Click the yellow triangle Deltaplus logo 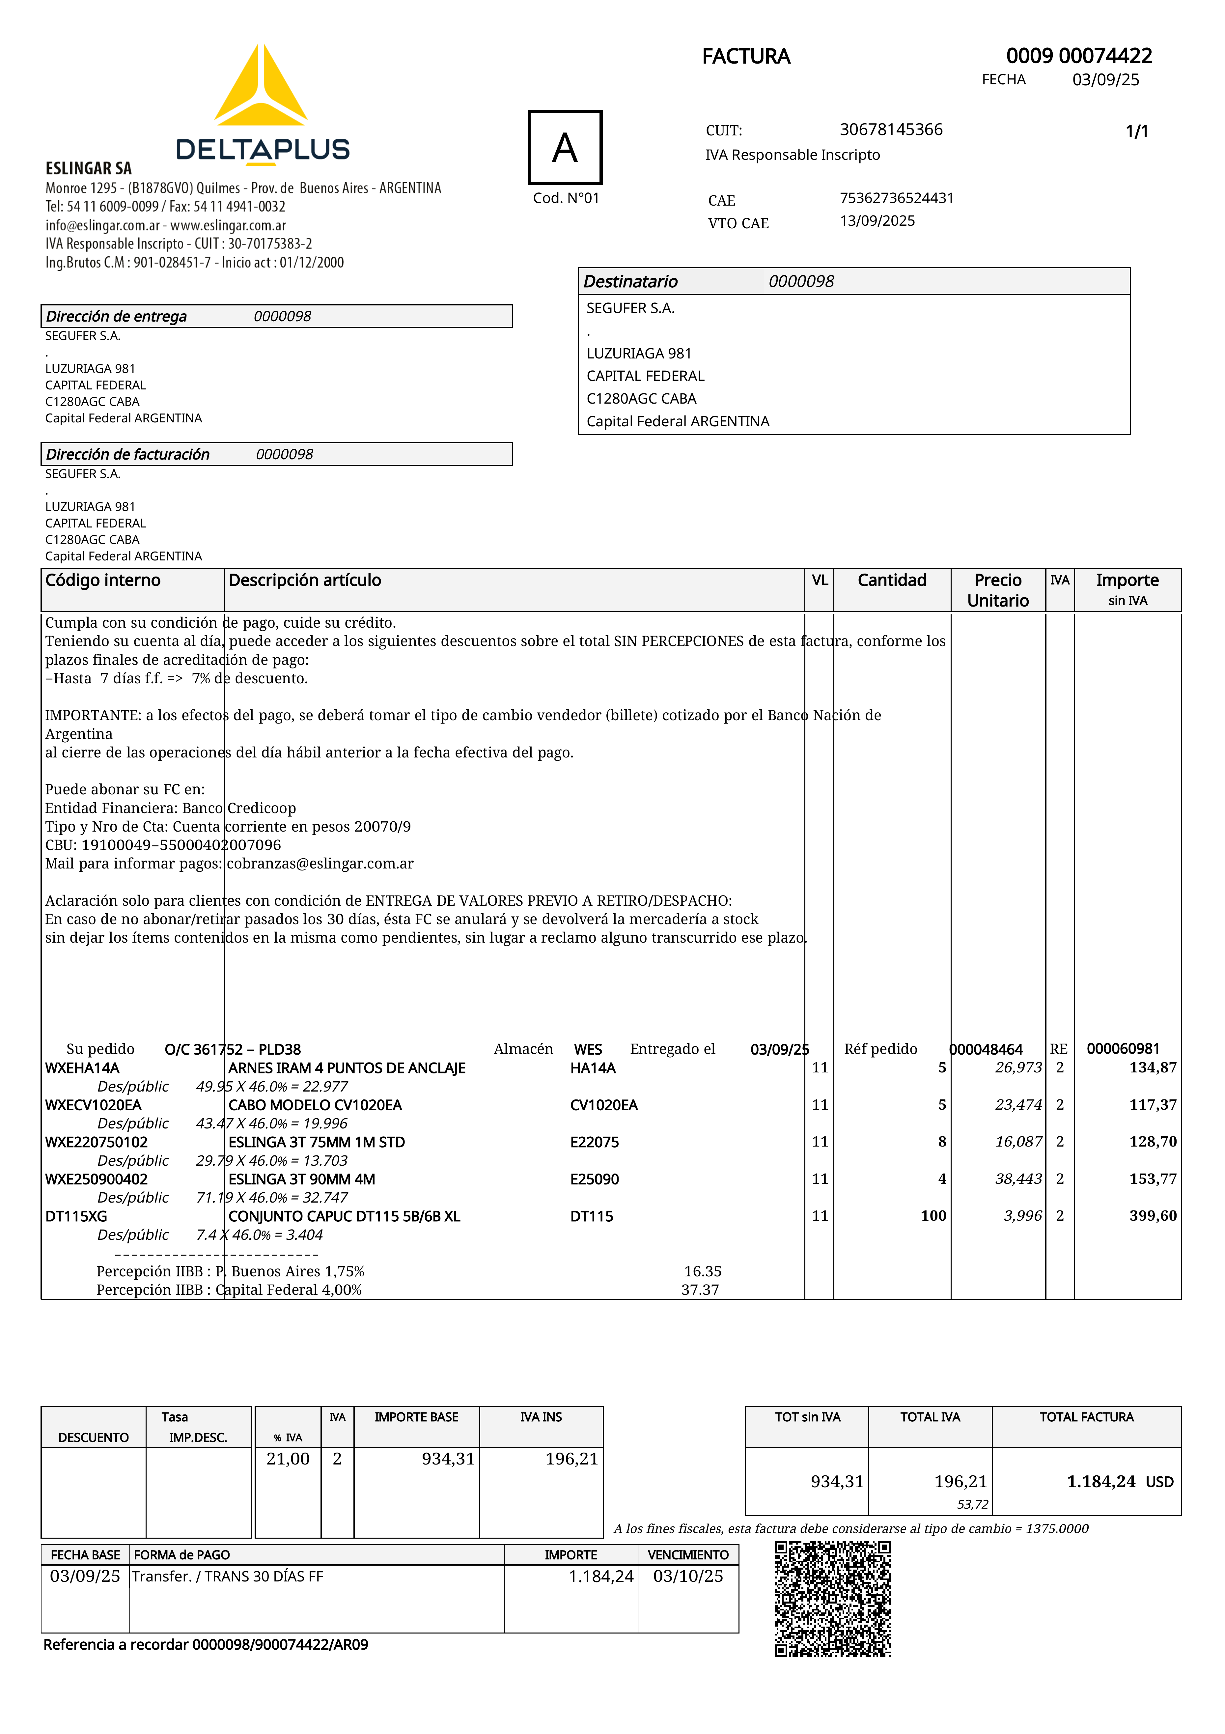[261, 87]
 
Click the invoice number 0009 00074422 [1078, 56]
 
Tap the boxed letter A [565, 147]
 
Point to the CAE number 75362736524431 [897, 198]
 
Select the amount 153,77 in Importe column [1153, 1179]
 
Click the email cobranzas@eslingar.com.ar [320, 863]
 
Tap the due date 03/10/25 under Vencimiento [688, 1576]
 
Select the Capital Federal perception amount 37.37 [700, 1290]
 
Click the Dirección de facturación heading [127, 454]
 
